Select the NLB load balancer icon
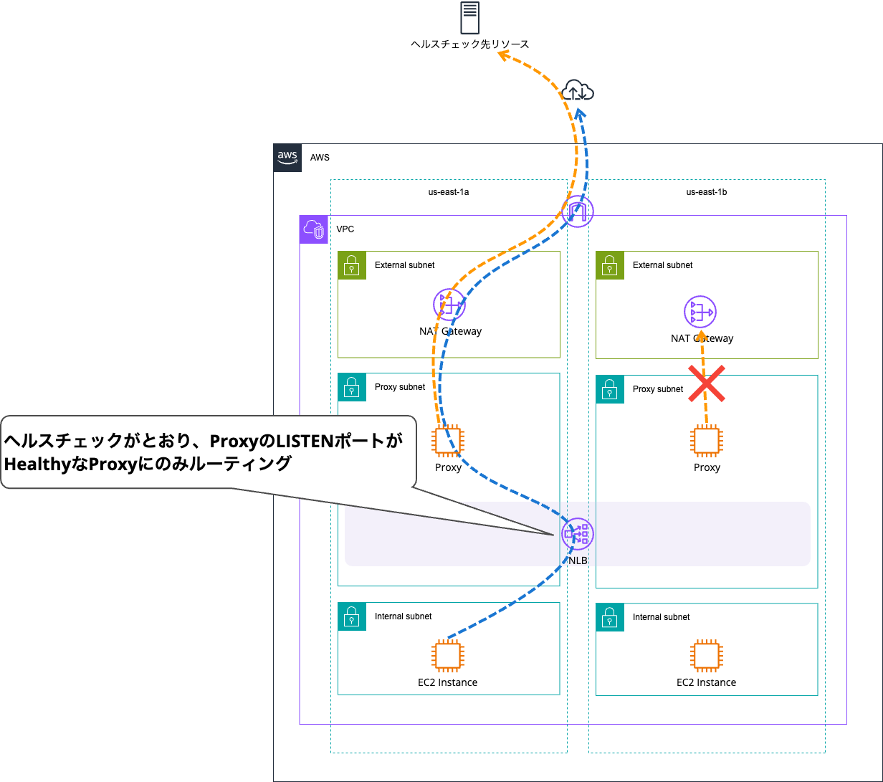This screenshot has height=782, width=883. [x=577, y=534]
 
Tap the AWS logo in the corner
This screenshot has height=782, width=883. [x=287, y=158]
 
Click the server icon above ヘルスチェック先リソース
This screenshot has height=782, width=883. [x=469, y=18]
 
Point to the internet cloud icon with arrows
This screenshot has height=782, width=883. [x=578, y=91]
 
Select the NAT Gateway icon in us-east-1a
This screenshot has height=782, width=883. [x=449, y=305]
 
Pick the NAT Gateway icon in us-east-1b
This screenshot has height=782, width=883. [x=700, y=312]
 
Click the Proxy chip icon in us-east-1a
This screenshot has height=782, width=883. [x=449, y=441]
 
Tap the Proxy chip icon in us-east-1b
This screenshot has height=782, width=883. [x=707, y=441]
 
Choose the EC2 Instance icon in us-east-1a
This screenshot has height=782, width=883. [x=448, y=656]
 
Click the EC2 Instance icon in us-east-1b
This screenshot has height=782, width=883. [x=707, y=656]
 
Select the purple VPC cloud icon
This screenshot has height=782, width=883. [x=313, y=229]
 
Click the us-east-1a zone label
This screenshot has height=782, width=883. [x=449, y=192]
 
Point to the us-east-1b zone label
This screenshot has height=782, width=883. [x=707, y=192]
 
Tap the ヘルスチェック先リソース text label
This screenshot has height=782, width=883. [x=469, y=44]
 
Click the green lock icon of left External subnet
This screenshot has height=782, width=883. [x=351, y=265]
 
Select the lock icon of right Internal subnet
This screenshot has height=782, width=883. [x=610, y=617]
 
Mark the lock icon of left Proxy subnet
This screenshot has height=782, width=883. [x=351, y=387]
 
